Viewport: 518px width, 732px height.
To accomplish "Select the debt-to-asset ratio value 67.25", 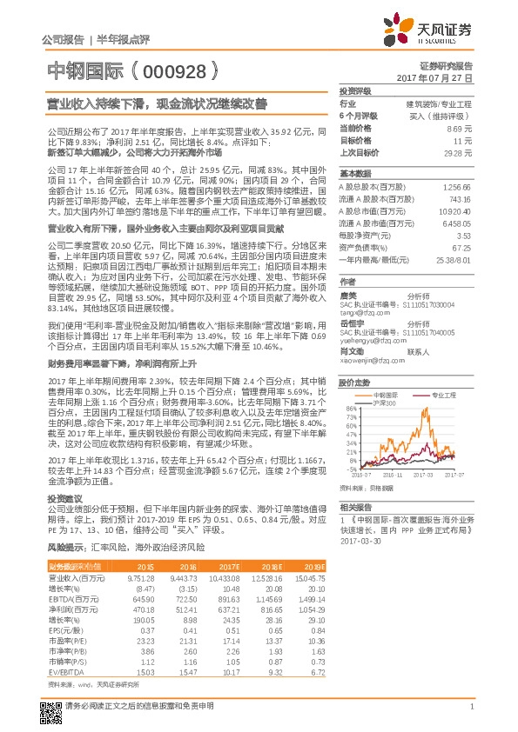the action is point(463,247).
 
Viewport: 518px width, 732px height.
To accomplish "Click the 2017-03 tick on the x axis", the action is point(424,476).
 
